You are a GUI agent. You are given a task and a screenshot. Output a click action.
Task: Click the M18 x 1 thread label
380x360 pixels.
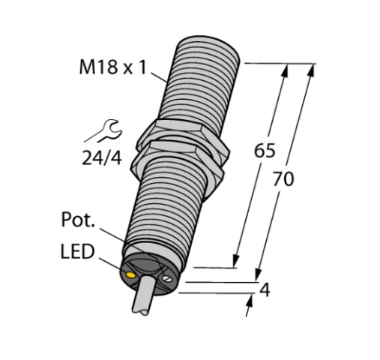[x=112, y=67]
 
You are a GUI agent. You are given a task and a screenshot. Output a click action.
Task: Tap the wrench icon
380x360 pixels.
[x=111, y=130]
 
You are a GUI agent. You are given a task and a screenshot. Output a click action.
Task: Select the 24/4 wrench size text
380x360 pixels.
[x=102, y=158]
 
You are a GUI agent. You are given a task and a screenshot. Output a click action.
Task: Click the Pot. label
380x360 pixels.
[x=78, y=220]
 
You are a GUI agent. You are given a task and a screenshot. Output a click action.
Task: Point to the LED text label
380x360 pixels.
[x=78, y=251]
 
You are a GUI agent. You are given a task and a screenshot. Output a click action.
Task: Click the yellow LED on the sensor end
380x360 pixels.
[x=131, y=275]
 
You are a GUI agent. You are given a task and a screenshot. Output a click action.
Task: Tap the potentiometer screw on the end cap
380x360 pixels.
[x=166, y=278]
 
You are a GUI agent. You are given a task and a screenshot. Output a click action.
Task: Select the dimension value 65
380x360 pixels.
[x=265, y=151]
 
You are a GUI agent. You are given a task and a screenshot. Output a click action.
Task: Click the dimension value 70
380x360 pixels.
[x=283, y=179]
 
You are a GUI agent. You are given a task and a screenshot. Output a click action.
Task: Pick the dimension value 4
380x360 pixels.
[x=265, y=290]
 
